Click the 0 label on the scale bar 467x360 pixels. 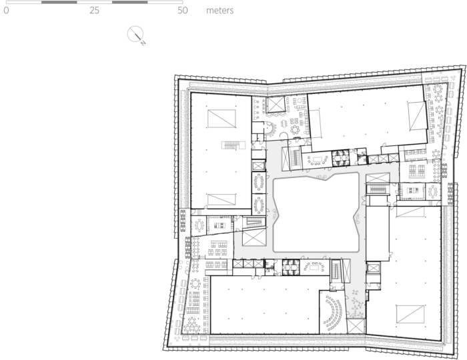6,11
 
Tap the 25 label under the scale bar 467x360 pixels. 94,11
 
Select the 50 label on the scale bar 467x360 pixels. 183,11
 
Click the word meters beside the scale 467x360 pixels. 219,11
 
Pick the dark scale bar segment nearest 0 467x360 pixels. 59,2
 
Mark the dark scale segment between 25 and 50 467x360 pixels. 130,2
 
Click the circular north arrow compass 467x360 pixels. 135,34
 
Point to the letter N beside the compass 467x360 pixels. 143,43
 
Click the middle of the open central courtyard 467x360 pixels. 316,213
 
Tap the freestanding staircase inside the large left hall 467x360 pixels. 233,145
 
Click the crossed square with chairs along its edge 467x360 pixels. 276,104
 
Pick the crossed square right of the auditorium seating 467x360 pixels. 356,327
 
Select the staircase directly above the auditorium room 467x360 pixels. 336,269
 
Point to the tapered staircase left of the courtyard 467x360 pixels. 254,221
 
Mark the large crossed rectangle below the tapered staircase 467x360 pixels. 254,237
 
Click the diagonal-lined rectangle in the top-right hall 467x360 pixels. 418,115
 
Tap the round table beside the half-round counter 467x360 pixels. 295,130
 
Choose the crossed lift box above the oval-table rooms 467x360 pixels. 259,166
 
